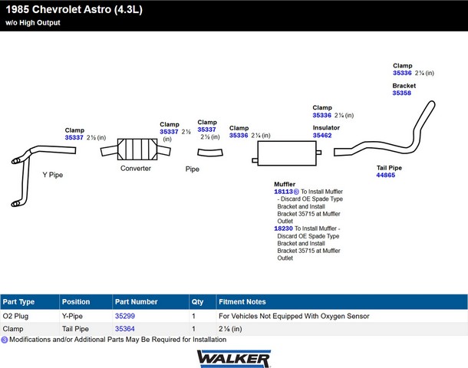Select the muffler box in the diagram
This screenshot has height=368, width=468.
pos(286,153)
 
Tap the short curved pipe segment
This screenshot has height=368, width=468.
pos(210,153)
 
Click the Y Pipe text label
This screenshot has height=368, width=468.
pos(52,175)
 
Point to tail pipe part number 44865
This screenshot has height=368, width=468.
pos(386,175)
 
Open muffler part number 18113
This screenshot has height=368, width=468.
pos(283,192)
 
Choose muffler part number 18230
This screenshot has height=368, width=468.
pos(283,228)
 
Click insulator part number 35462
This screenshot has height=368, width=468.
pos(322,136)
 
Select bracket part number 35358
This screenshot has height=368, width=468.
pos(402,93)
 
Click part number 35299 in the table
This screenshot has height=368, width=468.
pos(125,316)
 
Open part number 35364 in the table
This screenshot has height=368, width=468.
pos(125,329)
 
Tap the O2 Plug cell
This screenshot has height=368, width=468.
pos(15,316)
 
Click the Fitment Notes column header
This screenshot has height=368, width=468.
pos(242,302)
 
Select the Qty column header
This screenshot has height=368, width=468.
pos(197,302)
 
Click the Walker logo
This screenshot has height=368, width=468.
pos(234,359)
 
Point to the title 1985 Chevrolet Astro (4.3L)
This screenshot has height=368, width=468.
pos(74,9)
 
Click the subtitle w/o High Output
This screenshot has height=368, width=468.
pos(33,23)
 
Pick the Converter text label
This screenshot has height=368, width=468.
pos(136,168)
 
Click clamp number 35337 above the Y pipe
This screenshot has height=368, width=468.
pos(74,137)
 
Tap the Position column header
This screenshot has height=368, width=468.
pos(76,302)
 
